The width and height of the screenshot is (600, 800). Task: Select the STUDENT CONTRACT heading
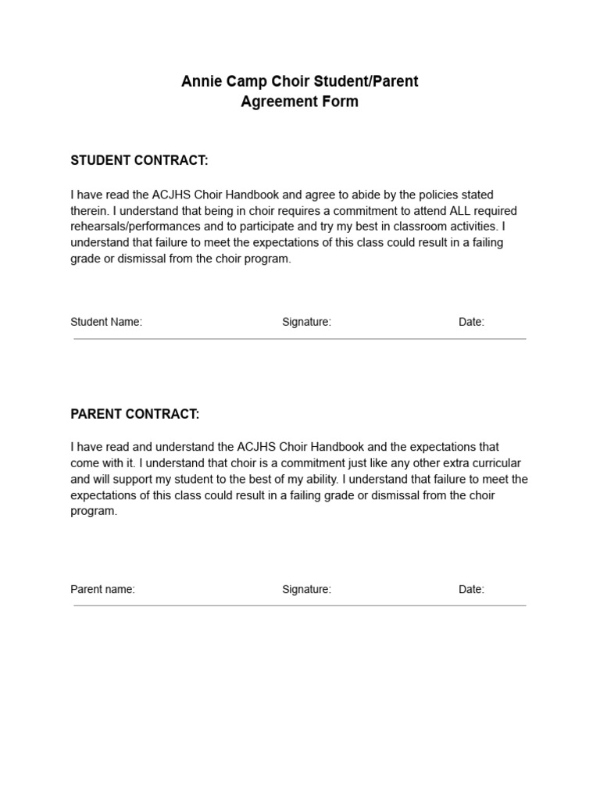click(x=140, y=161)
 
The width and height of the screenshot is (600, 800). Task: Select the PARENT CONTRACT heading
click(x=135, y=414)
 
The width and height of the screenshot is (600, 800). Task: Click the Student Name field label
click(x=106, y=322)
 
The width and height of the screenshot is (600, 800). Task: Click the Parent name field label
click(x=102, y=589)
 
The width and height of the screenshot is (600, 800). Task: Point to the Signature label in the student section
click(x=306, y=322)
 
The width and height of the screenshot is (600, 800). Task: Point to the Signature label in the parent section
click(x=306, y=589)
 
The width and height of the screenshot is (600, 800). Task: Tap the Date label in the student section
click(x=471, y=322)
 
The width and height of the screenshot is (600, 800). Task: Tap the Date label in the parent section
click(x=471, y=589)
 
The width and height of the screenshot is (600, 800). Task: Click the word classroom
click(x=420, y=227)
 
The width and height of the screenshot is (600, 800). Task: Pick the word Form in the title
click(x=341, y=102)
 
